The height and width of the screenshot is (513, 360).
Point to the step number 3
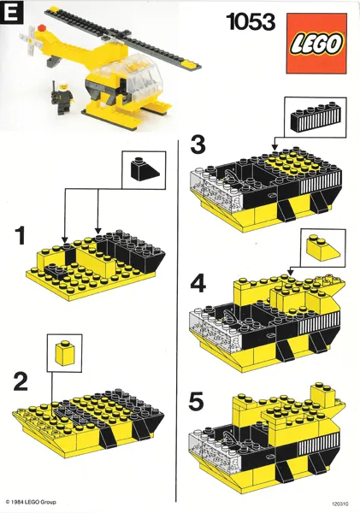click(198, 144)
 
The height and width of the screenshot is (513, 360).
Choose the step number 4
click(198, 283)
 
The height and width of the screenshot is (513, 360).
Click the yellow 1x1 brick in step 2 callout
click(65, 352)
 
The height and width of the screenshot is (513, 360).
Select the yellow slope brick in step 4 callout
click(319, 249)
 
